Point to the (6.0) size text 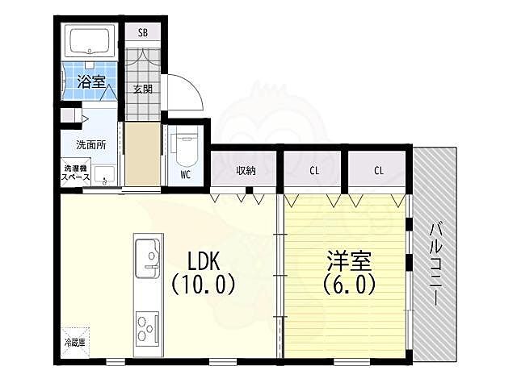350,285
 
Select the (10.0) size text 203,285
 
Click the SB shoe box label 142,33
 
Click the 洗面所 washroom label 90,146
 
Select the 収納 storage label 246,171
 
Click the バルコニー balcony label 435,263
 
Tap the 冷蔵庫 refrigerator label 76,343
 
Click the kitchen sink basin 148,256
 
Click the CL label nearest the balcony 378,171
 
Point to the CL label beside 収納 313,171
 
